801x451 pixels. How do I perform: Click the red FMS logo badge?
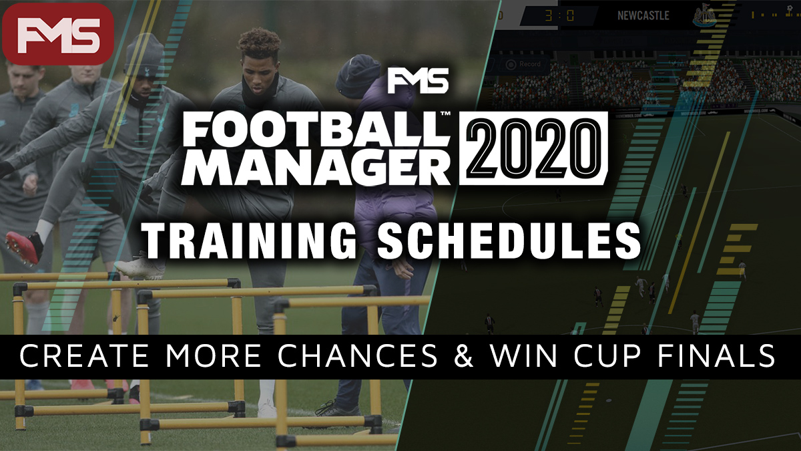pyautogui.click(x=58, y=34)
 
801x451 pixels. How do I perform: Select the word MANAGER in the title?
pyautogui.click(x=316, y=167)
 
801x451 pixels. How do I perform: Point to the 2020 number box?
pyautogui.click(x=533, y=148)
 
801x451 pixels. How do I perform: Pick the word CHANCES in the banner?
pyautogui.click(x=358, y=355)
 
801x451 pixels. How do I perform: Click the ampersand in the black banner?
pyautogui.click(x=463, y=355)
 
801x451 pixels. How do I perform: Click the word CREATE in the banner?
pyautogui.click(x=83, y=355)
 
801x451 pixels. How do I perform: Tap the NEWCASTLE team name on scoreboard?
pyautogui.click(x=643, y=15)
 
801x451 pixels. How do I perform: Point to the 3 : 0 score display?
pyautogui.click(x=559, y=16)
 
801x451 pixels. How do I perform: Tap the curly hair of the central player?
pyautogui.click(x=258, y=43)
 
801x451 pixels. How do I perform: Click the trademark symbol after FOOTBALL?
pyautogui.click(x=445, y=114)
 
